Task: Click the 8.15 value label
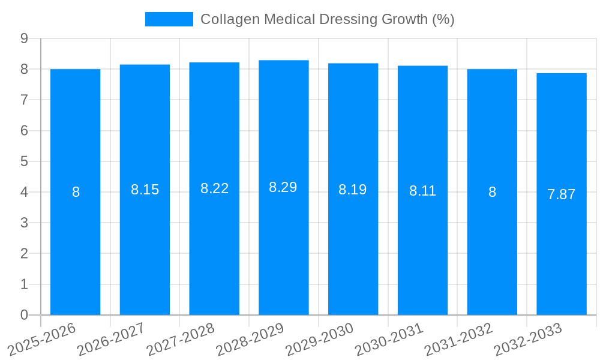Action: (x=145, y=190)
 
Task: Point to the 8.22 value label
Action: (x=214, y=188)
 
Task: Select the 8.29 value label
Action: (x=283, y=187)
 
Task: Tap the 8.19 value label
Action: (x=353, y=190)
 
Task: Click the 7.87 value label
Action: (x=561, y=194)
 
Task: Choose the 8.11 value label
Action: (x=422, y=191)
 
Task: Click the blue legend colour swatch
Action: (x=169, y=19)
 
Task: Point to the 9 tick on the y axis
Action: (x=24, y=38)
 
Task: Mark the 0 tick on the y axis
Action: (x=24, y=315)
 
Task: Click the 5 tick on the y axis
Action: (x=24, y=161)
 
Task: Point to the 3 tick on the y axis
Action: (x=24, y=223)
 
